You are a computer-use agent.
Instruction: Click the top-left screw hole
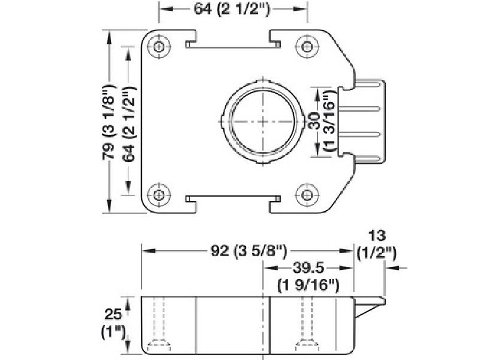(x=158, y=47)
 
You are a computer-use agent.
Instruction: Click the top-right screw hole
(x=308, y=47)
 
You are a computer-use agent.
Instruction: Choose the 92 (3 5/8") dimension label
(x=247, y=251)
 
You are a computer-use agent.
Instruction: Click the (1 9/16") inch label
(x=308, y=285)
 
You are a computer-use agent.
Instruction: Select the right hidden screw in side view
(x=308, y=327)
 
